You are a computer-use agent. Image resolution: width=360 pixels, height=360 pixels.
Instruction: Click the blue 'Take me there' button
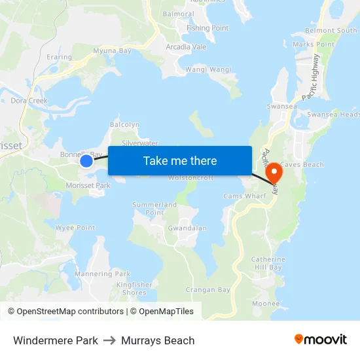(x=180, y=161)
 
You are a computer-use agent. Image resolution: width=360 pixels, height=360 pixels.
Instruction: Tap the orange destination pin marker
(x=272, y=172)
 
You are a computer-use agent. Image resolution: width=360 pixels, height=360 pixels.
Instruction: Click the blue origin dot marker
(x=86, y=160)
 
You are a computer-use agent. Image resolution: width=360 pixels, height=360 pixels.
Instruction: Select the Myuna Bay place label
(x=112, y=50)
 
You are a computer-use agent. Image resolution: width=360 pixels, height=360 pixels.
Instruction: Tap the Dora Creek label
(x=29, y=101)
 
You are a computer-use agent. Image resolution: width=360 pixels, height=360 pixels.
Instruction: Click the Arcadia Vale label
(x=186, y=47)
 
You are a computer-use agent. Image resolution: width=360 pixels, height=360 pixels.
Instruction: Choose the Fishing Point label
(x=207, y=28)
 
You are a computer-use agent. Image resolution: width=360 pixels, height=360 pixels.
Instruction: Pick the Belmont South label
(x=331, y=30)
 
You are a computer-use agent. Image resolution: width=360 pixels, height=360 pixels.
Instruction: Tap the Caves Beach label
(x=302, y=164)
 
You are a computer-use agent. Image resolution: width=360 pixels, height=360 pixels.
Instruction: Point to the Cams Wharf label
(x=242, y=196)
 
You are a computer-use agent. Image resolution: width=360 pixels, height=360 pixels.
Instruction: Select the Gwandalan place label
(x=187, y=228)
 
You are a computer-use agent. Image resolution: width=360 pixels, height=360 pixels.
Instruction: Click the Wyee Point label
(x=75, y=228)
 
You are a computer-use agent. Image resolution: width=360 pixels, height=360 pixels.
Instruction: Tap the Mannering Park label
(x=102, y=274)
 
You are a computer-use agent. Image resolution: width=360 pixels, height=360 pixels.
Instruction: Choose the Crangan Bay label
(x=207, y=289)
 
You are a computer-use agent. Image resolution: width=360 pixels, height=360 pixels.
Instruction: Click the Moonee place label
(x=265, y=304)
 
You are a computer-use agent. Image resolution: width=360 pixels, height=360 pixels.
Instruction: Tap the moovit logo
(x=320, y=340)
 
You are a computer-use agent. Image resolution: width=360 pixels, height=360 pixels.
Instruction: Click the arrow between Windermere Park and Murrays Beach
(x=109, y=340)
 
